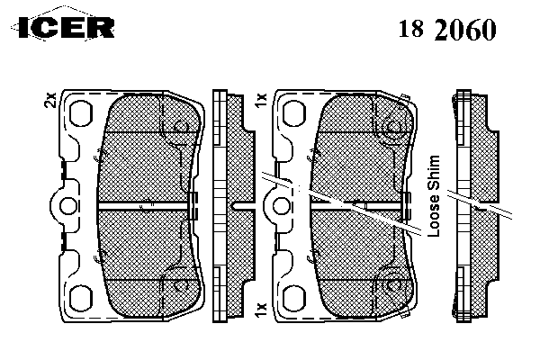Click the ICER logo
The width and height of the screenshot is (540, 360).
coord(63,27)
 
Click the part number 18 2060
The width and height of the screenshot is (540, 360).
coord(447,30)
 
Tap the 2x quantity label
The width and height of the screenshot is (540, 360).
coord(50,100)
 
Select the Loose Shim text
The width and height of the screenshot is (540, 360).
coord(434,196)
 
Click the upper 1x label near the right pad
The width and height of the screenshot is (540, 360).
coord(262,100)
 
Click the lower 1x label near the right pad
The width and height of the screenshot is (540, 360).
coord(262,310)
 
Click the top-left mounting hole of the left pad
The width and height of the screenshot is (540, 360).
coord(81,113)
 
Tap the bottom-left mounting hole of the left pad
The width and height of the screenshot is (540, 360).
coord(81,298)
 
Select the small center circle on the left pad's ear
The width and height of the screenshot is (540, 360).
coord(68,207)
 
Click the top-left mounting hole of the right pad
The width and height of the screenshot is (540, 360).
coord(294,113)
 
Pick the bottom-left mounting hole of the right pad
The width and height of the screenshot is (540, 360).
coord(294,298)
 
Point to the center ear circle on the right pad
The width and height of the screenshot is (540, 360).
coord(281,207)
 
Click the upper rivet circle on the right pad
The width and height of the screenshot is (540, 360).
coord(391,128)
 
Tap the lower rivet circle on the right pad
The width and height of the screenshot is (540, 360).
coord(391,285)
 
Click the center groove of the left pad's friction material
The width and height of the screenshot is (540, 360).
coord(143,206)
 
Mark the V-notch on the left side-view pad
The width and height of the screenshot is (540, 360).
coord(234,205)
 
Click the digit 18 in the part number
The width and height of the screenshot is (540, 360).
coord(411,29)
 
